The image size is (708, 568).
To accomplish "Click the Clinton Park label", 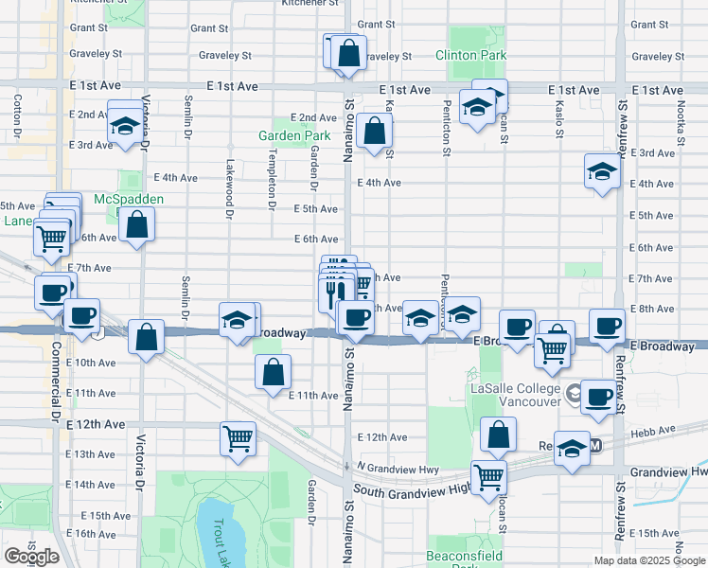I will [x=470, y=56].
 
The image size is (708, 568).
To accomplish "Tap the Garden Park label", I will [x=294, y=135].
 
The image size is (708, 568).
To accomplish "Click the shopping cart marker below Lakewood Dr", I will [x=238, y=438].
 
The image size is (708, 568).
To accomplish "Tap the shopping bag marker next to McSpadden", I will [x=137, y=225].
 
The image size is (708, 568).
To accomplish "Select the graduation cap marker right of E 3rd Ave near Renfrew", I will [x=601, y=172].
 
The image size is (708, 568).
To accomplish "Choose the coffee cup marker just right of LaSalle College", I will [x=597, y=398].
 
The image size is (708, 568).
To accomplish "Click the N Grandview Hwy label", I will [x=398, y=467].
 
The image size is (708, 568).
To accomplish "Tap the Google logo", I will [x=31, y=556].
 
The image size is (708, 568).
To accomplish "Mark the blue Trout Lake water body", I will [x=217, y=525].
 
